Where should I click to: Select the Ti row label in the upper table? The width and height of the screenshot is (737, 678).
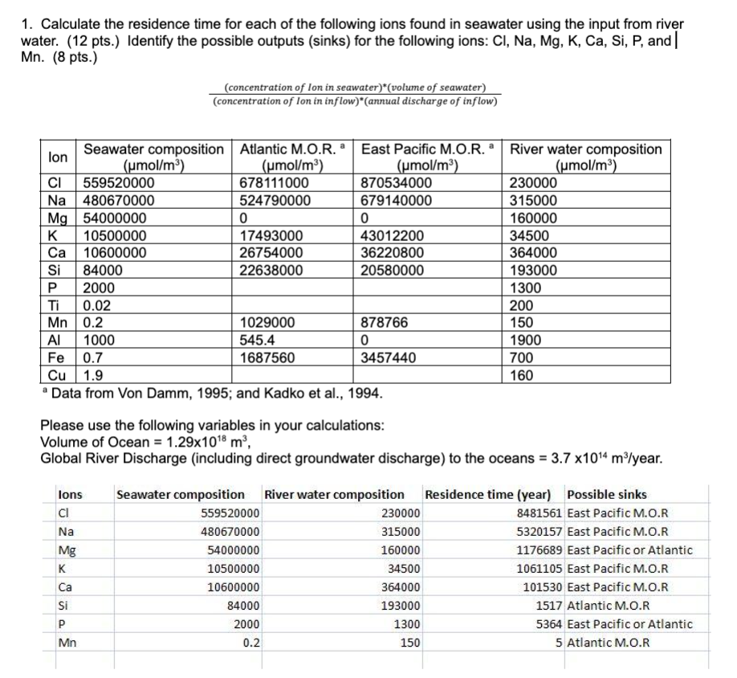[x=52, y=305]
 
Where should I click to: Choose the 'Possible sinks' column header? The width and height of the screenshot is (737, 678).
[x=606, y=494]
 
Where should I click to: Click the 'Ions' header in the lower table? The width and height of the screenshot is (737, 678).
[x=71, y=494]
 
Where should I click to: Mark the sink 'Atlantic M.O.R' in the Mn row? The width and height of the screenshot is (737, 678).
[x=608, y=643]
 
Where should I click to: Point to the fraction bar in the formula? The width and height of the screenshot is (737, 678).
[x=354, y=94]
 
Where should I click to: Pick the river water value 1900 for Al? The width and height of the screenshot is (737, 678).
[x=527, y=340]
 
